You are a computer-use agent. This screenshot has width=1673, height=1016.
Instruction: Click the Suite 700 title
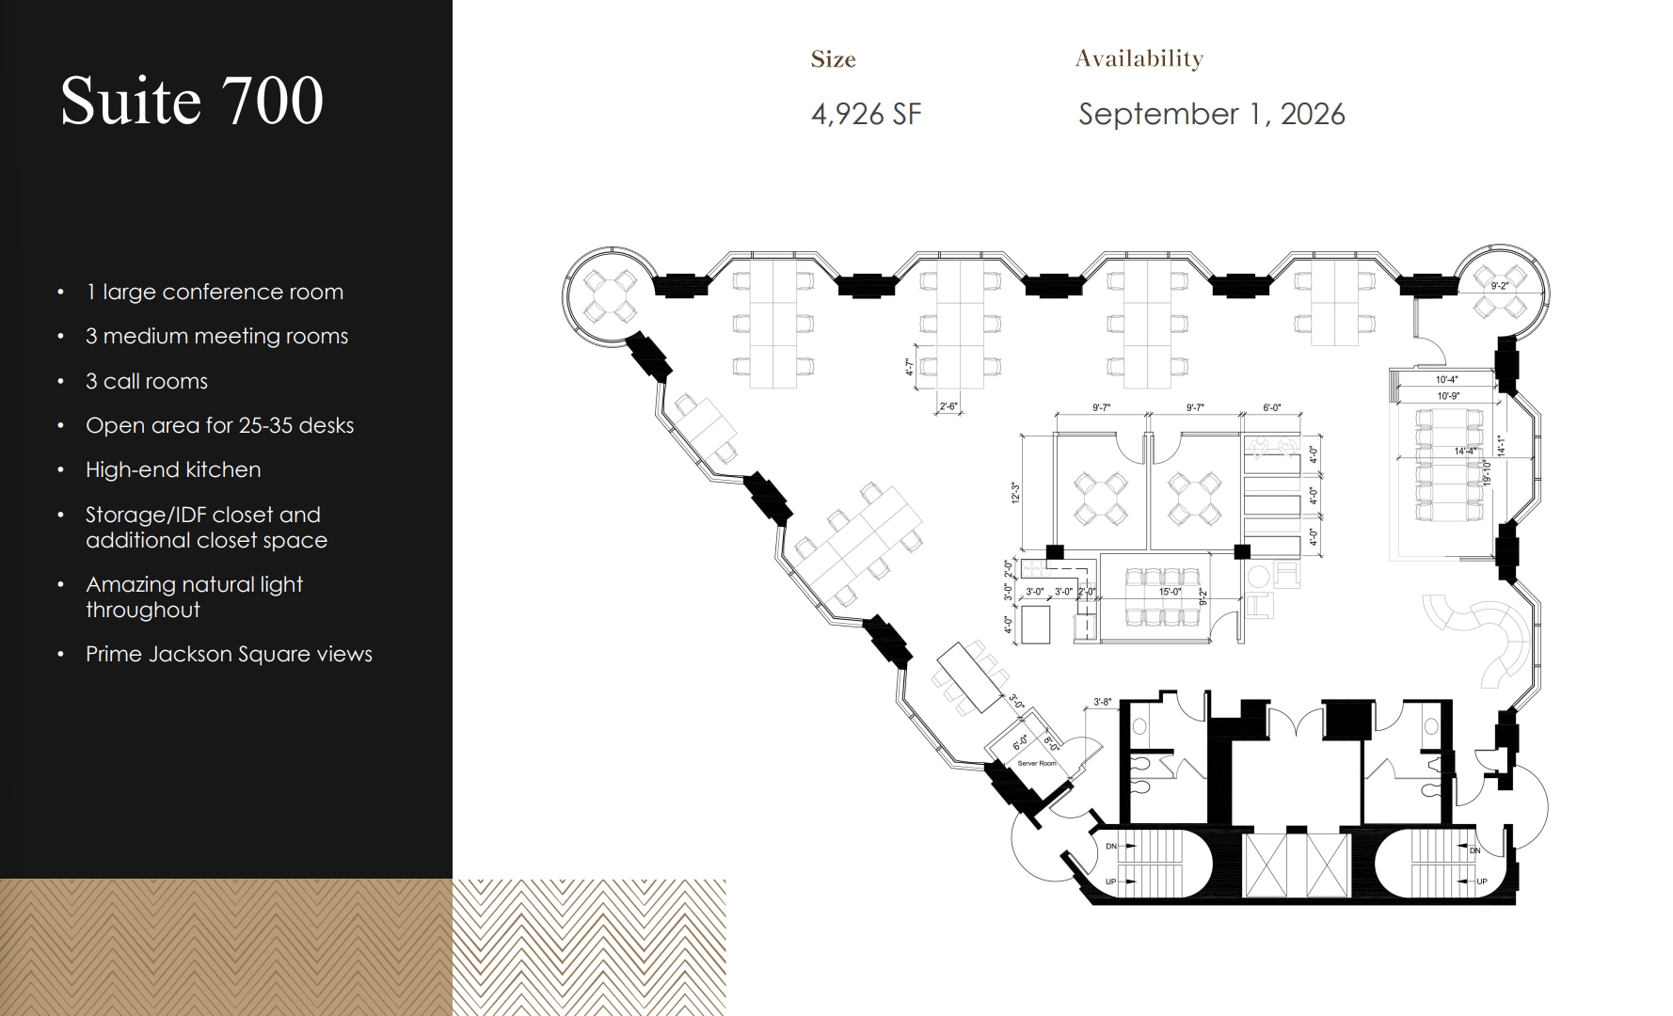tap(192, 101)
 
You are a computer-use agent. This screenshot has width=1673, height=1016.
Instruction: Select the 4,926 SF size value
tap(866, 115)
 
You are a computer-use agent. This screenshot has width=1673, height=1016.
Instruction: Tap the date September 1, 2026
tap(1211, 115)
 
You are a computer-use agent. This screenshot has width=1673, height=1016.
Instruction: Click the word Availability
tap(1139, 58)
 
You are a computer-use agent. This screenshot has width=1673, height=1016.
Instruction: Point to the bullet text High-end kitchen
tap(173, 469)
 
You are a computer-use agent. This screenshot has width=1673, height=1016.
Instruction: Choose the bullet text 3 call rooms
tap(147, 381)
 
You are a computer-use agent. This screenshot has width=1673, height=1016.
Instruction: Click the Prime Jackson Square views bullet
tap(229, 654)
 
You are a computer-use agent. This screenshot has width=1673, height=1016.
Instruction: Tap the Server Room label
tap(1037, 763)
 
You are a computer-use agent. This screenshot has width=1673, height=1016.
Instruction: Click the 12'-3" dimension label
tap(1015, 493)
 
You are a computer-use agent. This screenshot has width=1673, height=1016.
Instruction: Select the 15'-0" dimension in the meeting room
tap(1169, 592)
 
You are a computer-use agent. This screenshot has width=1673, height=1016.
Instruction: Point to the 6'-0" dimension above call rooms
tap(1271, 408)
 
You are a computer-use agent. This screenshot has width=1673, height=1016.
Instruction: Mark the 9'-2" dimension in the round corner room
tap(1499, 286)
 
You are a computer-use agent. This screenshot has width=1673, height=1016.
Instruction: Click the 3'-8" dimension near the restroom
tap(1102, 702)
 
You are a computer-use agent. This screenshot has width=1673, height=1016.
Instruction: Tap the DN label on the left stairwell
tap(1111, 847)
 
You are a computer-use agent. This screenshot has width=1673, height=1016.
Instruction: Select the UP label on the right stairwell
tap(1482, 881)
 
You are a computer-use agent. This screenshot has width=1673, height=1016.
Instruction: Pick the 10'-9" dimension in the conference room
tap(1447, 396)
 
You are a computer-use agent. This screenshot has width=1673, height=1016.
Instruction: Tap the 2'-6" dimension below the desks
tap(948, 406)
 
